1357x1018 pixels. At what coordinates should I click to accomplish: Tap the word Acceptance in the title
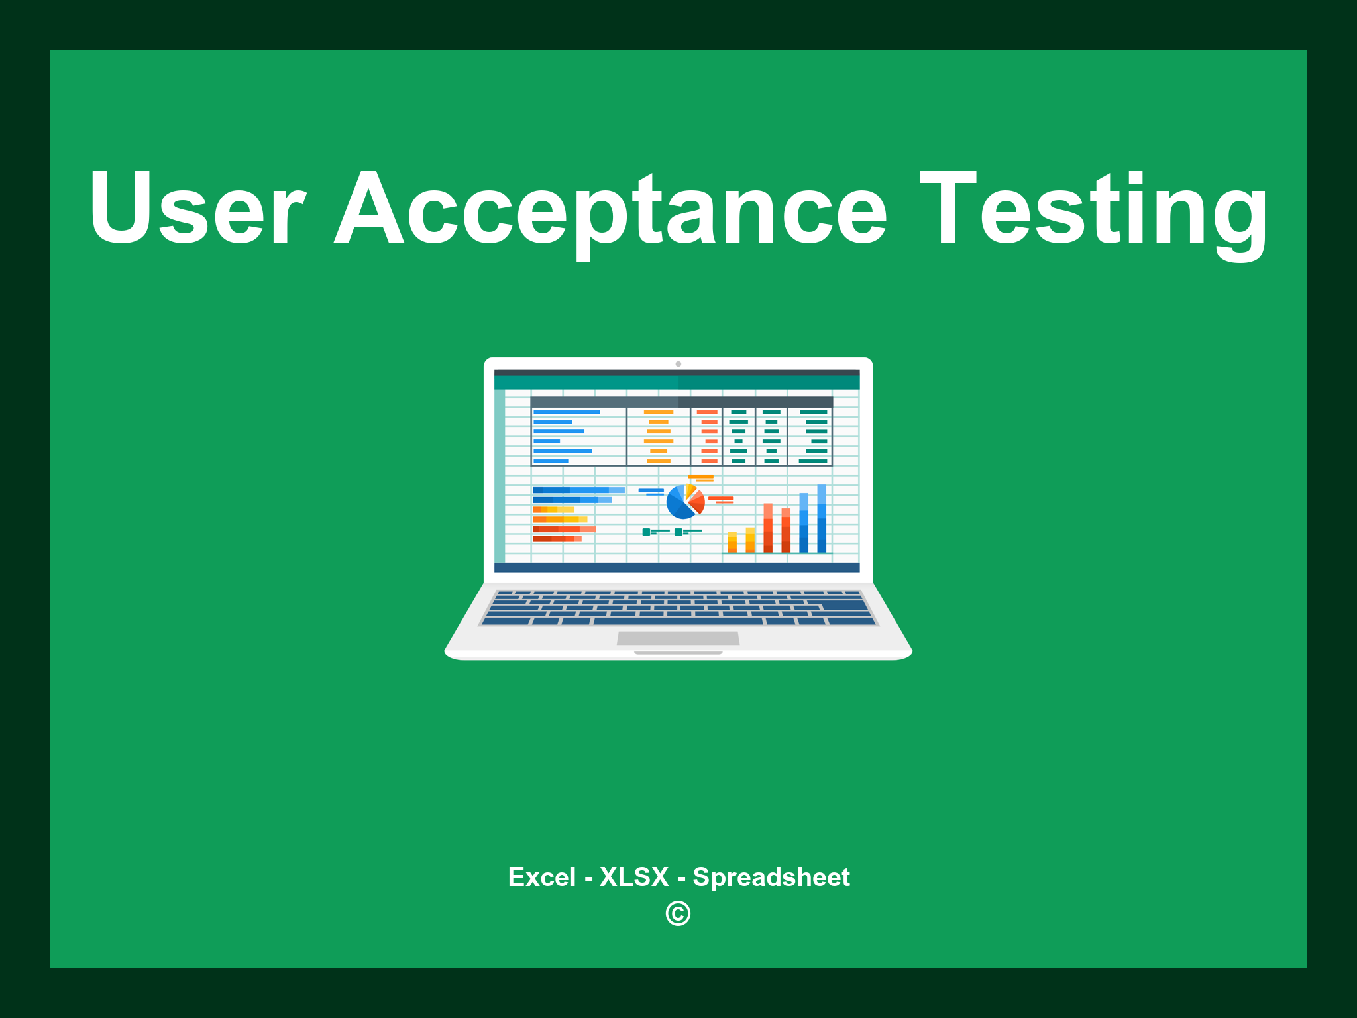click(x=610, y=209)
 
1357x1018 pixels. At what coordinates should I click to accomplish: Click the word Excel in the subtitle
click(x=541, y=877)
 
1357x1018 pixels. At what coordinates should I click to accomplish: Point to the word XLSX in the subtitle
click(x=634, y=877)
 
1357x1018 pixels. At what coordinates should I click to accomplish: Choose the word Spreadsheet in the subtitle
click(x=771, y=877)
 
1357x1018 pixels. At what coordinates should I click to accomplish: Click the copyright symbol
click(x=678, y=913)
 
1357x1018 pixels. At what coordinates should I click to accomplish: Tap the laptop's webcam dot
click(x=678, y=364)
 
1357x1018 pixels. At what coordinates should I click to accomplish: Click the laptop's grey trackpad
click(x=678, y=638)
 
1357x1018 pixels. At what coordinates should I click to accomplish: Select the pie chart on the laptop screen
click(x=684, y=502)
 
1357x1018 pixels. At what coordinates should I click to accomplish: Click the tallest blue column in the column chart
click(x=822, y=518)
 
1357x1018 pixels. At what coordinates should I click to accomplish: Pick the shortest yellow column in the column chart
click(x=732, y=541)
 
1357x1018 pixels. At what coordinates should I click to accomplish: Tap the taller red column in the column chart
click(x=768, y=528)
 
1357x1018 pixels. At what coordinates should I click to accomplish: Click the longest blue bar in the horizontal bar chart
click(x=578, y=490)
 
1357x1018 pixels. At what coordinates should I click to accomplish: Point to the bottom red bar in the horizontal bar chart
click(x=557, y=539)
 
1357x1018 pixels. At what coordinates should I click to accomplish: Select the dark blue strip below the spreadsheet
click(x=677, y=567)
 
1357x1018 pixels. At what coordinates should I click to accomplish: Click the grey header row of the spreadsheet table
click(x=681, y=402)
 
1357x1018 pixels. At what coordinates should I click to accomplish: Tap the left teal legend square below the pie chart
click(x=646, y=532)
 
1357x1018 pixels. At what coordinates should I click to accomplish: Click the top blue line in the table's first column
click(x=567, y=412)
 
